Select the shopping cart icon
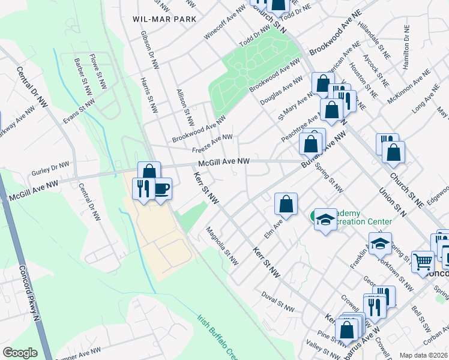pos(423,261)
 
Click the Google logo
pos(20,352)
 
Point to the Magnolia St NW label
pos(222,246)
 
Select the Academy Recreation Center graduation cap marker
pos(325,220)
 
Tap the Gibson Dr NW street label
pos(148,49)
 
